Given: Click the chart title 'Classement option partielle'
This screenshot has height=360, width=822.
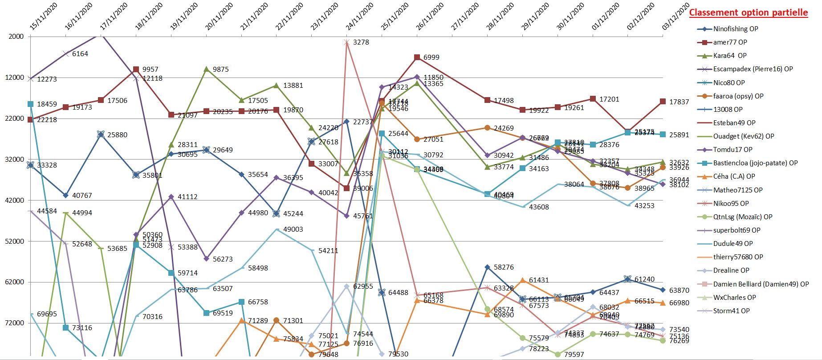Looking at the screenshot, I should [x=748, y=12].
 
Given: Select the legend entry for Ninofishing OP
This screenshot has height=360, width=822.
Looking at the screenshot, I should [x=735, y=29].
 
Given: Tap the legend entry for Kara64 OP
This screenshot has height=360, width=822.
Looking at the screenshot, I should [x=729, y=56].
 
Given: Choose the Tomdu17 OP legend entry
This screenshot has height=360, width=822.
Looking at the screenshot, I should [x=732, y=150].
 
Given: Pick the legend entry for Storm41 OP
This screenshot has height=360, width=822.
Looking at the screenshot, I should [x=731, y=311].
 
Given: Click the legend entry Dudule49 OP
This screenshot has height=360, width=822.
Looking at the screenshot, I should [x=733, y=244].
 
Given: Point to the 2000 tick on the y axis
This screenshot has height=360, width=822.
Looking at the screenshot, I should [x=16, y=37].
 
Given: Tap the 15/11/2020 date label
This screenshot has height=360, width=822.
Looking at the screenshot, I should [x=44, y=17].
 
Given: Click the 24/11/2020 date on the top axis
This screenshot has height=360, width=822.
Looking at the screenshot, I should [x=360, y=17].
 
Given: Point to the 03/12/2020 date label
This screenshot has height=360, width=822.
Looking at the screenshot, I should [x=676, y=17].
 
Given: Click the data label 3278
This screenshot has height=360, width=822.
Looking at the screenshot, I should [x=361, y=42].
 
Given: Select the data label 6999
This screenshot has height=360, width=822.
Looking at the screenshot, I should [x=431, y=57].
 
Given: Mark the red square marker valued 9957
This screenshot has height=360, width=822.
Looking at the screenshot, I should [x=136, y=70].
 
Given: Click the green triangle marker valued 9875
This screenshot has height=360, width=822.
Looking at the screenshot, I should [x=207, y=69].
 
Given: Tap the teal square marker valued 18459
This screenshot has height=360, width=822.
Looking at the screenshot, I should [x=31, y=104].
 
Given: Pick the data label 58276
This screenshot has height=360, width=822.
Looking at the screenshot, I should [x=504, y=267].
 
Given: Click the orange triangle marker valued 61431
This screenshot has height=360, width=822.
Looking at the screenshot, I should [x=523, y=280].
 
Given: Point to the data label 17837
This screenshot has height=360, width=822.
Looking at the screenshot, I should [x=679, y=102].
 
